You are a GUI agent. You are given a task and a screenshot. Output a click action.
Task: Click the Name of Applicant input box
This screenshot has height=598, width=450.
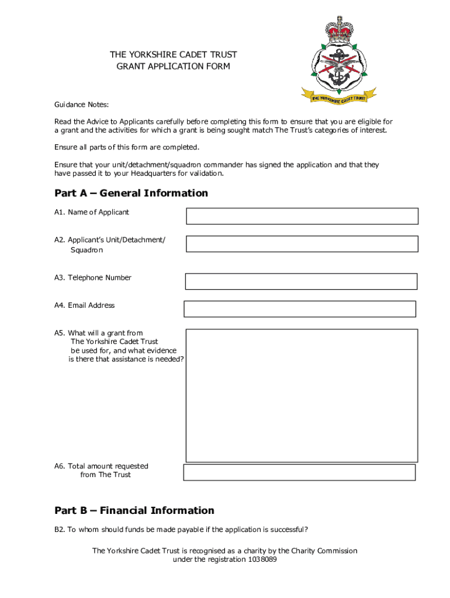(302, 216)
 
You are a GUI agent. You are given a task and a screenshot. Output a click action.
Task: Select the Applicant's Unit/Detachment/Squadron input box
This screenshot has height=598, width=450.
(302, 244)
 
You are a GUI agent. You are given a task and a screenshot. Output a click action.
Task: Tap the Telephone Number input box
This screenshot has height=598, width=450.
(301, 281)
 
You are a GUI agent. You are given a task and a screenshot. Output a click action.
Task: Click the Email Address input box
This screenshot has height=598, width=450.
(300, 309)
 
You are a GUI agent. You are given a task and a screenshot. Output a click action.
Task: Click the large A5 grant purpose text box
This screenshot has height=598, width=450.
(302, 395)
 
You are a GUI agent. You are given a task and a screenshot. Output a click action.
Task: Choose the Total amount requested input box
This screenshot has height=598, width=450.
(299, 472)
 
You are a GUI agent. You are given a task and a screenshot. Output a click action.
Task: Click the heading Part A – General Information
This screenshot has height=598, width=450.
(131, 193)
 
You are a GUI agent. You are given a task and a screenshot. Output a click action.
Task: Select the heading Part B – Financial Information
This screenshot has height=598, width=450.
(134, 510)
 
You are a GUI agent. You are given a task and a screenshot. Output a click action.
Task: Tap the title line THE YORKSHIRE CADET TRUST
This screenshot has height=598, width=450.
(174, 55)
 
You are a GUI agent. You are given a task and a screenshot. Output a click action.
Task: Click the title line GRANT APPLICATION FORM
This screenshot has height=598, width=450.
(174, 67)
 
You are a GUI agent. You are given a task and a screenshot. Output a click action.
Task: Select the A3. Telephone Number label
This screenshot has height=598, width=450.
(93, 277)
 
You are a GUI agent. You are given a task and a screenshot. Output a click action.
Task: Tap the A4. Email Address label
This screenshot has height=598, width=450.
(85, 305)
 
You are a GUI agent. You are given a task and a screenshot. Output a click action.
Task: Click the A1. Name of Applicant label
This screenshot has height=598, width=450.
(92, 212)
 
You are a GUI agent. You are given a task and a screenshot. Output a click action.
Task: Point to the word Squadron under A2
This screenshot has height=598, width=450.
(86, 250)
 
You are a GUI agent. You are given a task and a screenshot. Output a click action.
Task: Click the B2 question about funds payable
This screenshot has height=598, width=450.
(181, 530)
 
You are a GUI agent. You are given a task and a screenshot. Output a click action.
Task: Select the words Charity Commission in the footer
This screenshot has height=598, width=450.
(324, 551)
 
